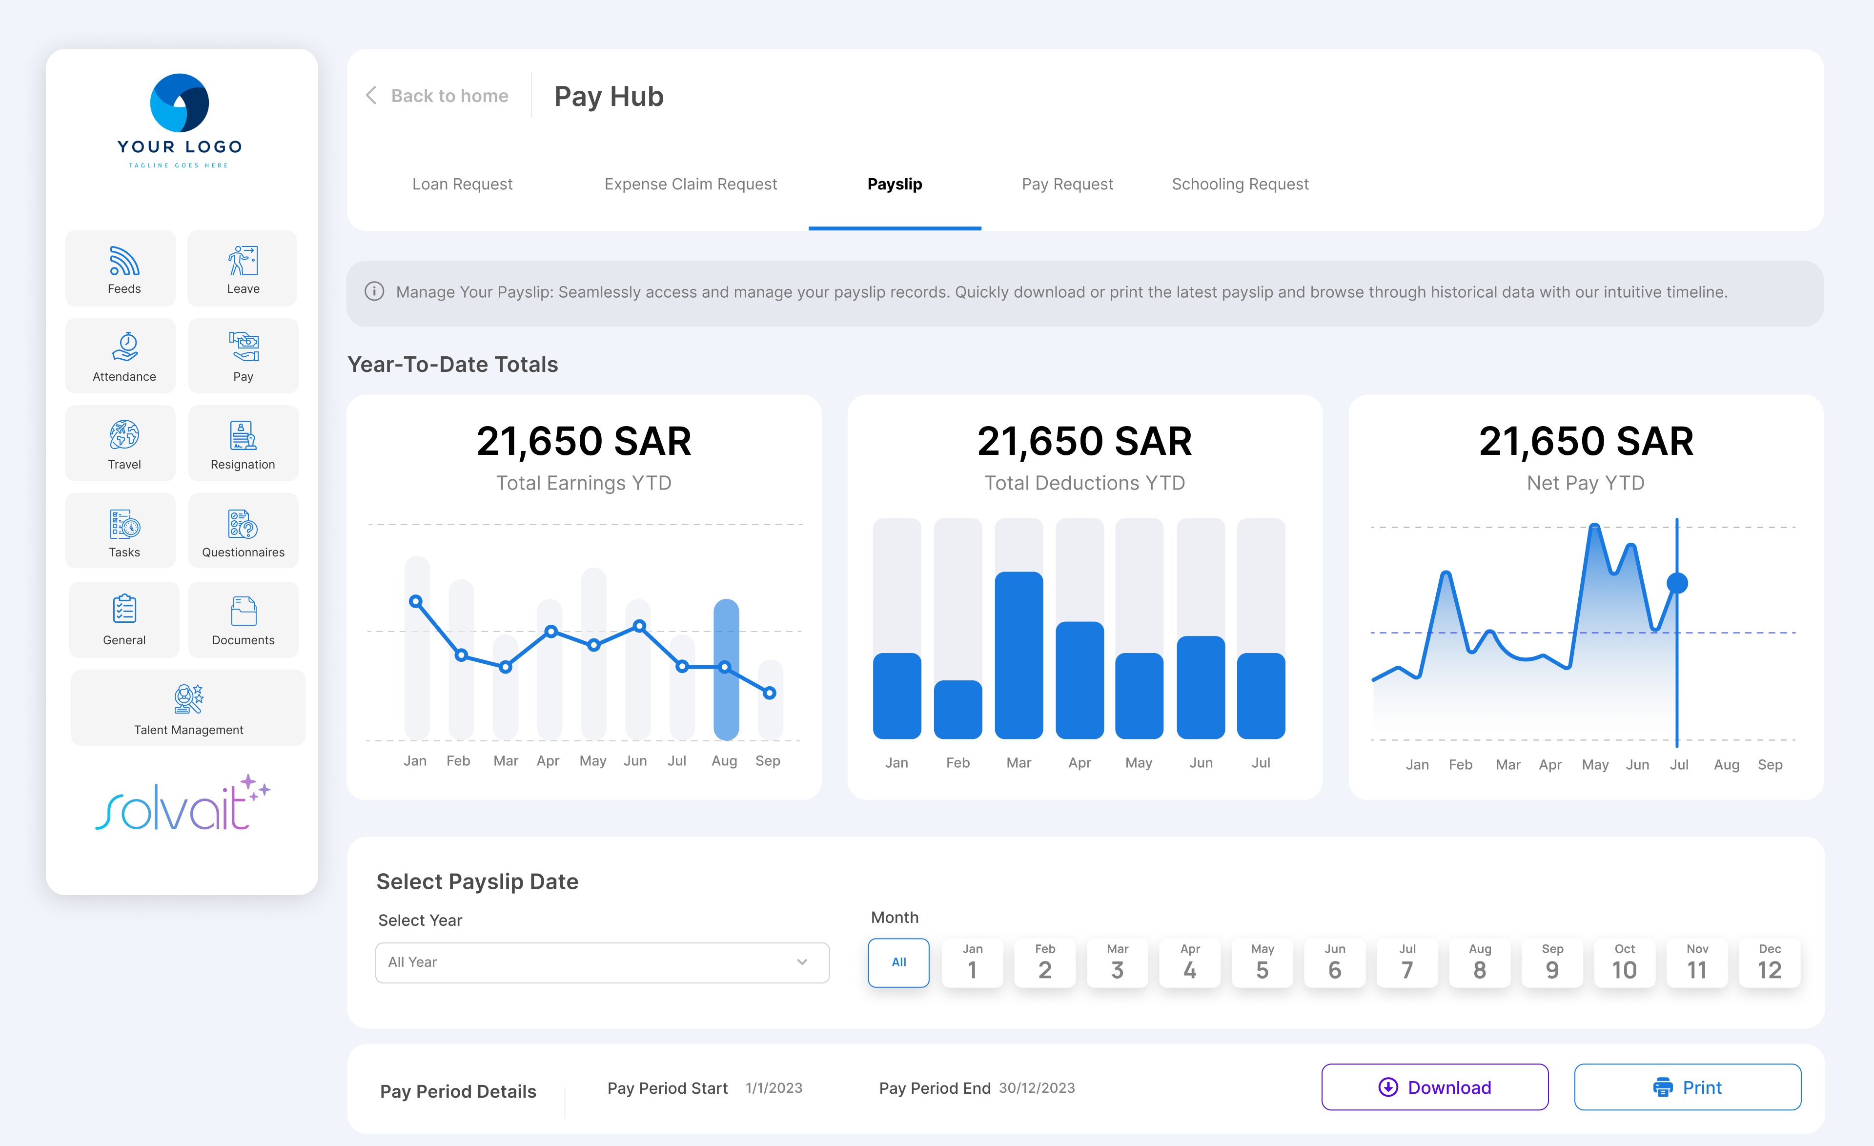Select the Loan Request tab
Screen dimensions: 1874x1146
click(463, 184)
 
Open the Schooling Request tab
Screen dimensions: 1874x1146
click(1240, 184)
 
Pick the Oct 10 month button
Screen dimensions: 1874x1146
click(1625, 963)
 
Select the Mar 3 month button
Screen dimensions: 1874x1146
click(1117, 963)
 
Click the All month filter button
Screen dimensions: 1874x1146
click(899, 963)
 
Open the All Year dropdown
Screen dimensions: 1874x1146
click(602, 963)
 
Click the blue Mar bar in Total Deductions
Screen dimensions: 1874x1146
click(1018, 655)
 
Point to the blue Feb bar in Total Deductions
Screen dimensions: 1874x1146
click(957, 710)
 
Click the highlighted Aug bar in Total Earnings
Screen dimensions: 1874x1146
click(726, 669)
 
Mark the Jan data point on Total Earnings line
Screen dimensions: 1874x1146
click(415, 601)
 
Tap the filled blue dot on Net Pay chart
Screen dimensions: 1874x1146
click(1677, 583)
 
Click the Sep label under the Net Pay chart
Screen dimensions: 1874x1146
click(1770, 765)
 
